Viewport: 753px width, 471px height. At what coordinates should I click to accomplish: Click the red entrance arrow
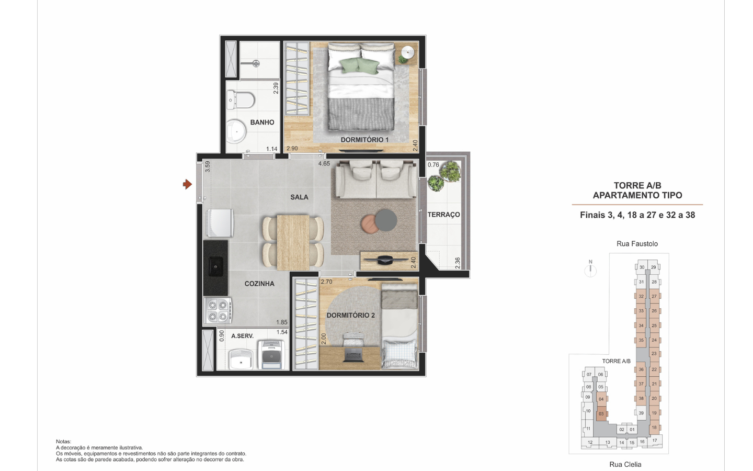[x=187, y=184]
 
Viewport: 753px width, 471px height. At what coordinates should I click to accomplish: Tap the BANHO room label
[x=262, y=122]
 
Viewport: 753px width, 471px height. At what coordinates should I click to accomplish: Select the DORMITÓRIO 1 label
[x=365, y=140]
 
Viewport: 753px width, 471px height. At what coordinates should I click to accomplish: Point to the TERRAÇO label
[x=444, y=215]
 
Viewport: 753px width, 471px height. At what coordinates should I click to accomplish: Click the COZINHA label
[x=259, y=284]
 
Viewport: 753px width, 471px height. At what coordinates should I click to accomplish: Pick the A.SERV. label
[x=243, y=336]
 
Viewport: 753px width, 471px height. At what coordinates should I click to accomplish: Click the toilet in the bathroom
[x=241, y=100]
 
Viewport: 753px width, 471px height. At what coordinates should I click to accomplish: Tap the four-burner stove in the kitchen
[x=218, y=310]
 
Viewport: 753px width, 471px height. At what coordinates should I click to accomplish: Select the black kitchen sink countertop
[x=215, y=268]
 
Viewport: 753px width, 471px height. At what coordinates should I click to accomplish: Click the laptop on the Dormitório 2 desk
[x=353, y=355]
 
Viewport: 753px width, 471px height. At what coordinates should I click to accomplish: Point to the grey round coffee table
[x=386, y=220]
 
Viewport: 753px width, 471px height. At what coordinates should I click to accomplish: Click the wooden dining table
[x=293, y=243]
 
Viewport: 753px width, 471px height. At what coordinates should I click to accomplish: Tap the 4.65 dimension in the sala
[x=324, y=164]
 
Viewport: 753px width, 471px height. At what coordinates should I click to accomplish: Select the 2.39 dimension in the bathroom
[x=276, y=88]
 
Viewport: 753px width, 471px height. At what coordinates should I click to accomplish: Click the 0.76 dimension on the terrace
[x=433, y=165]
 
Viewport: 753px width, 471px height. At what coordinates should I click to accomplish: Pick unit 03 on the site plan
[x=601, y=414]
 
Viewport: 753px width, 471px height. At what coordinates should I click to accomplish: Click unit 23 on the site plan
[x=654, y=354]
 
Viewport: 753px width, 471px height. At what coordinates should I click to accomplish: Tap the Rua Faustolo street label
[x=637, y=243]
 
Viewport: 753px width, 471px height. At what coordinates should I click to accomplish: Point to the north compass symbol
[x=590, y=269]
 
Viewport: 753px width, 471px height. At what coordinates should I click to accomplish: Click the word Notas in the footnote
[x=64, y=441]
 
